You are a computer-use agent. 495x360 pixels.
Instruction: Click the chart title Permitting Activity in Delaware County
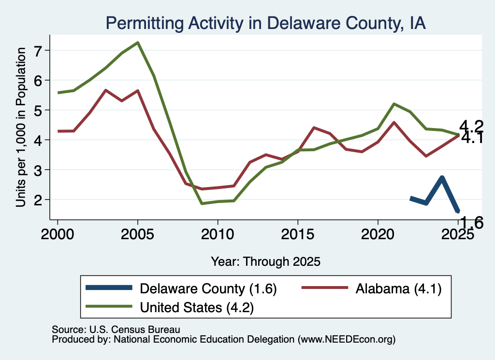pyautogui.click(x=265, y=23)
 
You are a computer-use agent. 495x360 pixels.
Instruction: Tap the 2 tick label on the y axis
pyautogui.click(x=38, y=200)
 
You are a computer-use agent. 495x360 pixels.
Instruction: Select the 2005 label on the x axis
pyautogui.click(x=137, y=234)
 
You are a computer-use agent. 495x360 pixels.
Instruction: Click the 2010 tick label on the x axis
pyautogui.click(x=218, y=234)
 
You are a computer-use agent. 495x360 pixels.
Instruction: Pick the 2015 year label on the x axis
pyautogui.click(x=297, y=234)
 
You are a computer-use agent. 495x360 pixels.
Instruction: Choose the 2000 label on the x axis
pyautogui.click(x=58, y=234)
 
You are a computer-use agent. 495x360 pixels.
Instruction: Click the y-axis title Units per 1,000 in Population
pyautogui.click(x=21, y=127)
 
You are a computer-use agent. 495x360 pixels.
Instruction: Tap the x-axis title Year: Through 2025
pyautogui.click(x=265, y=261)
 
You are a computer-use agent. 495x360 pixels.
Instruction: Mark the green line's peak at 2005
pyautogui.click(x=138, y=43)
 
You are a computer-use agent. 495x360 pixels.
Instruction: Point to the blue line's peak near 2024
pyautogui.click(x=442, y=178)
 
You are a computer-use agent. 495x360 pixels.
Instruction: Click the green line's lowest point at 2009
pyautogui.click(x=202, y=203)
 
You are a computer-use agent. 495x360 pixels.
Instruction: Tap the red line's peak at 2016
pyautogui.click(x=313, y=128)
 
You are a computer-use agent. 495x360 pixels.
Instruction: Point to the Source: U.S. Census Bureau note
pyautogui.click(x=116, y=330)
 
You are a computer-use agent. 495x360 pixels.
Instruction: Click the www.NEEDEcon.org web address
pyautogui.click(x=346, y=339)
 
